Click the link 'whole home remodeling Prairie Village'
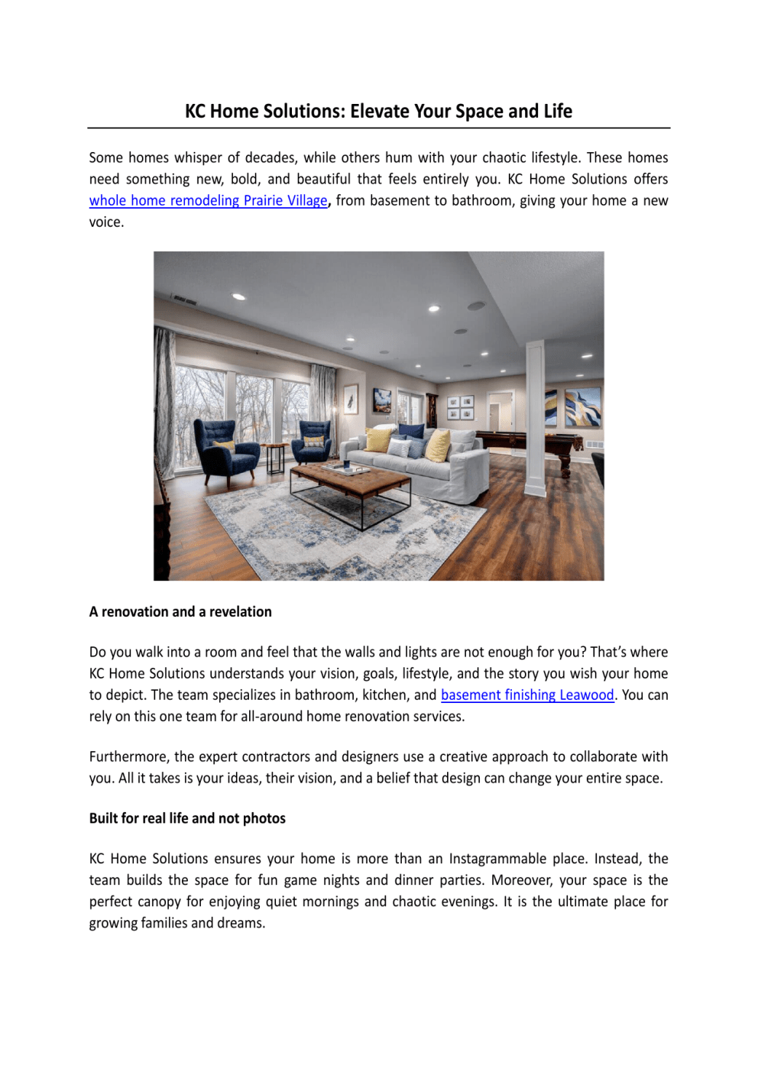click(208, 201)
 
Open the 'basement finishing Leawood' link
click(527, 695)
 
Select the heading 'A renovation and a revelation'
click(180, 612)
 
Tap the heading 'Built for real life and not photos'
click(187, 818)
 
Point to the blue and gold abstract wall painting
click(582, 407)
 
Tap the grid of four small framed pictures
click(460, 407)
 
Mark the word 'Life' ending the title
click(558, 112)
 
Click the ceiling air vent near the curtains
click(184, 300)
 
